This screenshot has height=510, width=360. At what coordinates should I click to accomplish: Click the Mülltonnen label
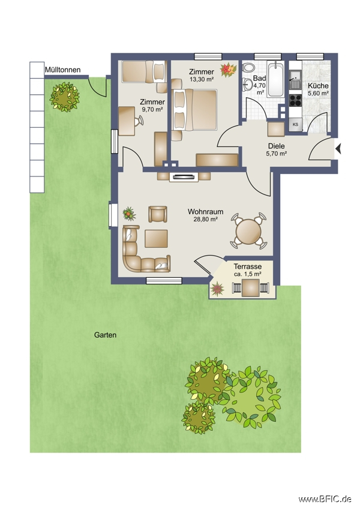[x=63, y=70]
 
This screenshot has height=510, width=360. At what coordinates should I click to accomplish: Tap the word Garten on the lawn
[x=106, y=335]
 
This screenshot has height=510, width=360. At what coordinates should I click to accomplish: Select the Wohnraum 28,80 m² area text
[x=206, y=215]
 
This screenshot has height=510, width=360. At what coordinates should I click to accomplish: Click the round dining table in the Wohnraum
[x=248, y=231]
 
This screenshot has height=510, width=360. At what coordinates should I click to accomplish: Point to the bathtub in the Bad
[x=276, y=79]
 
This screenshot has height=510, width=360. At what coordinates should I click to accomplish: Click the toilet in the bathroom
[x=248, y=68]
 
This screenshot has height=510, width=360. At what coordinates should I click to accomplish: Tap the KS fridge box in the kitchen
[x=295, y=125]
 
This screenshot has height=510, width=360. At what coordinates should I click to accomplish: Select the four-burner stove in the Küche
[x=295, y=101]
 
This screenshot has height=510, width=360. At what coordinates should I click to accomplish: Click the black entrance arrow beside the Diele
[x=338, y=149]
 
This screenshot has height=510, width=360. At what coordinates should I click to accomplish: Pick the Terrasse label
[x=247, y=267]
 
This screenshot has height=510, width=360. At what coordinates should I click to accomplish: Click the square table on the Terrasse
[x=250, y=288]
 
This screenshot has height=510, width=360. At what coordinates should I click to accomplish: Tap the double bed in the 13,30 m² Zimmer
[x=194, y=110]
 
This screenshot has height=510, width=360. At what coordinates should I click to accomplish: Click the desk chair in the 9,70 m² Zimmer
[x=139, y=121]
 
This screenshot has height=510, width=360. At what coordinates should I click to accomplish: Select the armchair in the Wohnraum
[x=158, y=214]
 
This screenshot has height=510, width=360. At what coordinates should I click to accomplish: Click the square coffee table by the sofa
[x=156, y=238]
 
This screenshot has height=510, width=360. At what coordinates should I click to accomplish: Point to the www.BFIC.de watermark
[x=325, y=499]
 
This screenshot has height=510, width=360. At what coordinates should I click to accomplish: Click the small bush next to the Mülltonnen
[x=64, y=97]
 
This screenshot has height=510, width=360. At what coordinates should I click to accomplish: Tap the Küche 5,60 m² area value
[x=318, y=94]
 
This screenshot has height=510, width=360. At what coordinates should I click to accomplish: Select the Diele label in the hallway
[x=277, y=146]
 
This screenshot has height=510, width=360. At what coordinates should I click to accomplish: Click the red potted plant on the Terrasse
[x=217, y=289]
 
